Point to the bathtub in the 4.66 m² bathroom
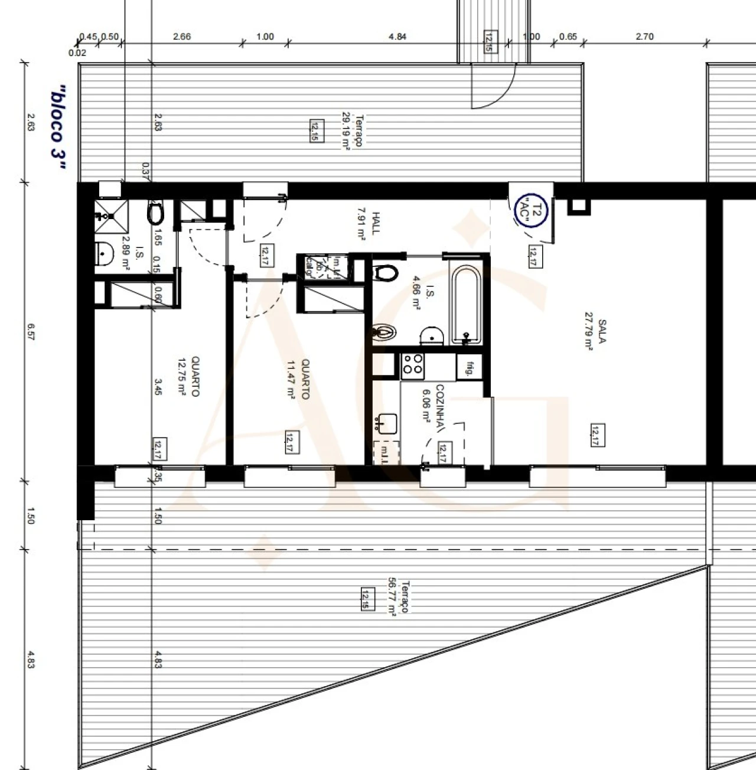[x=467, y=305]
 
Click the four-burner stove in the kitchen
[x=412, y=366]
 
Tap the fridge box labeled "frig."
[x=470, y=367]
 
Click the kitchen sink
[x=387, y=423]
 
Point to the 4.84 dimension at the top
[x=397, y=37]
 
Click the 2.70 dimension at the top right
[x=644, y=37]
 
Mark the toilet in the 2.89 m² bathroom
[x=155, y=214]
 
